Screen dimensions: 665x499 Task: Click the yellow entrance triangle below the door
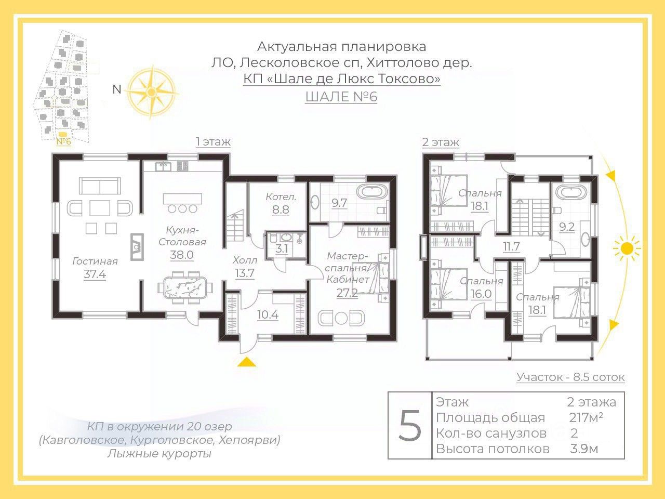coord(247,362)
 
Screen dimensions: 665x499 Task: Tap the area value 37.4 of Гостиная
coord(95,274)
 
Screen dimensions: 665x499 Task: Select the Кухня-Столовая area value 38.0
coord(182,255)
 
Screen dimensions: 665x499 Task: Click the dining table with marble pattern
coord(185,287)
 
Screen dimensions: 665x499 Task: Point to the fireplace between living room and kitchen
coord(137,246)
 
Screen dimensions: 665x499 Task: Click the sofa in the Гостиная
coord(100,186)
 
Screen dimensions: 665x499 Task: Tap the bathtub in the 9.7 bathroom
coord(372,192)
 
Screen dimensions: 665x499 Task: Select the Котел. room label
coord(281,197)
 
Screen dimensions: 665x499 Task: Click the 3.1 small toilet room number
coord(282,249)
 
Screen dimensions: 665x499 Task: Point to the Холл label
coord(245,260)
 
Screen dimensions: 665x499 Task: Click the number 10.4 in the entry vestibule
coord(268,315)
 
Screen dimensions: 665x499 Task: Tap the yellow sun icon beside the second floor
coord(627,248)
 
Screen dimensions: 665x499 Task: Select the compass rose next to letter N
coord(151,92)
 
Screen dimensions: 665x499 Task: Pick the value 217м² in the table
coord(586,417)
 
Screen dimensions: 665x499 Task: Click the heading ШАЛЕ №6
coord(341,97)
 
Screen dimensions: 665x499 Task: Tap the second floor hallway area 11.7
coord(511,246)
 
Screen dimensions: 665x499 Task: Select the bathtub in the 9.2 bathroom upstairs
coord(571,192)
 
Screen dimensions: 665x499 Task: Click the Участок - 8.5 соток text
coord(570,377)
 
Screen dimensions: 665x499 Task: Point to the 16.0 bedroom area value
coord(481,293)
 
